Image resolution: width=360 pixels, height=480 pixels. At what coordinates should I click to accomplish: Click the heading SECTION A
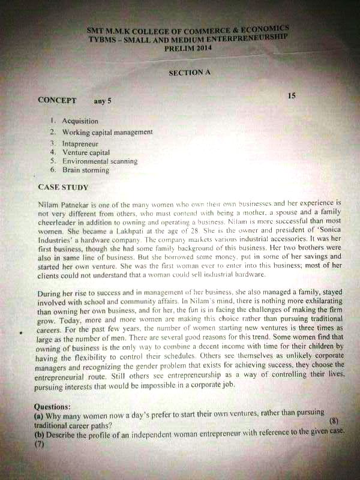[190, 72]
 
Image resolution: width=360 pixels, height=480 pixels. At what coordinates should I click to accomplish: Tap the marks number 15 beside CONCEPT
[292, 95]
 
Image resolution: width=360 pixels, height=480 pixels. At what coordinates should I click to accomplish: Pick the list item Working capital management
[107, 132]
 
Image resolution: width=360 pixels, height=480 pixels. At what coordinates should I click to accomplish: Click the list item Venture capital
[86, 152]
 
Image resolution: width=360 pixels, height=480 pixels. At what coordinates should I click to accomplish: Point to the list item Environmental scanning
[100, 161]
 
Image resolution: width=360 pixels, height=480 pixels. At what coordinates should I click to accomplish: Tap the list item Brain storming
[86, 170]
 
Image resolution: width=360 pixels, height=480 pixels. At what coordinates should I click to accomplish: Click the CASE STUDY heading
[63, 187]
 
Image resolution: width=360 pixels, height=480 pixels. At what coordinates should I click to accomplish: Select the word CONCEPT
[57, 100]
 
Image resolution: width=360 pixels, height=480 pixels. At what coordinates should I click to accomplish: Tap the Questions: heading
[53, 406]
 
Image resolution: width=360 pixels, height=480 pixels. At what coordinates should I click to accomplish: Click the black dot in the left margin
[22, 332]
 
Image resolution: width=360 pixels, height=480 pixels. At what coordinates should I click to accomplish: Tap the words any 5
[103, 101]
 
